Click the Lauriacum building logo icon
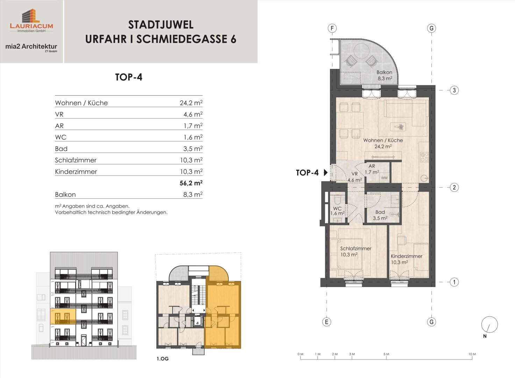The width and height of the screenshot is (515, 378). (31, 16)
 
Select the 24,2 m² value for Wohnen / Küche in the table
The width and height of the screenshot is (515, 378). (191, 103)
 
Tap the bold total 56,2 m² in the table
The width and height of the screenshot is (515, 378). (191, 183)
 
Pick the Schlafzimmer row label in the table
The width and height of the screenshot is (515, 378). (76, 160)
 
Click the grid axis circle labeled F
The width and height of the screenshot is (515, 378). (332, 28)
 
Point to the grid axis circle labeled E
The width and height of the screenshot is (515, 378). (327, 322)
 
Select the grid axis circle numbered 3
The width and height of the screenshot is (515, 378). (454, 90)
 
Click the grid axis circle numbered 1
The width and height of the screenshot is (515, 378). (454, 282)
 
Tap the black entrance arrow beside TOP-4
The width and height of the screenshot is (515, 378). (326, 173)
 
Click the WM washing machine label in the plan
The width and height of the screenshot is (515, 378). (384, 178)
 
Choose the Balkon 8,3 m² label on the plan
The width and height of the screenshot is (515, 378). (385, 75)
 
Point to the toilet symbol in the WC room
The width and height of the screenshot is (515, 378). (337, 200)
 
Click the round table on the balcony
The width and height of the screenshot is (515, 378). (362, 51)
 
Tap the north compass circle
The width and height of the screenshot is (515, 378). (489, 324)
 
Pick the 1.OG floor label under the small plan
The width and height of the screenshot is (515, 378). (163, 359)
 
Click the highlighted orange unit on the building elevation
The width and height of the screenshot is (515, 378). (63, 316)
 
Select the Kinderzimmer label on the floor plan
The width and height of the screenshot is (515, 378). (407, 256)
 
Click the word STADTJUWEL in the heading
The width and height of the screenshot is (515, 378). (161, 25)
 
